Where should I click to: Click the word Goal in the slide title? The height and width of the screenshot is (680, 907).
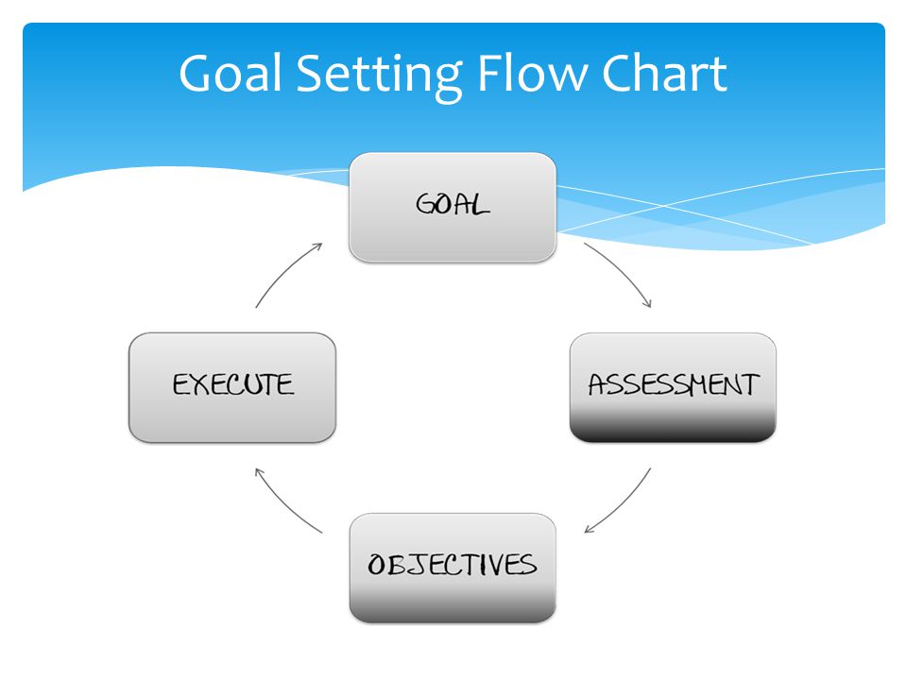click(231, 74)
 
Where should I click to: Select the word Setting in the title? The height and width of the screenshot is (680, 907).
click(379, 76)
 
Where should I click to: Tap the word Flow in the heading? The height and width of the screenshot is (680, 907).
click(531, 73)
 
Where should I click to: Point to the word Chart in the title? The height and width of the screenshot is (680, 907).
click(664, 73)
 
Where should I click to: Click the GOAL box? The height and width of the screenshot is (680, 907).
click(453, 207)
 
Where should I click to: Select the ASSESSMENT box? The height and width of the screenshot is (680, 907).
click(673, 387)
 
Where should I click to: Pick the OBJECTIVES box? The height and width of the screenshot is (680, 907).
click(453, 568)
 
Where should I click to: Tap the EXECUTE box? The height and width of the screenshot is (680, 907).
click(232, 387)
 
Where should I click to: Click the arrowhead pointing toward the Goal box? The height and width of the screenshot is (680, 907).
click(317, 246)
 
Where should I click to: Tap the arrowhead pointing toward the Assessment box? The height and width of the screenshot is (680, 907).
click(648, 303)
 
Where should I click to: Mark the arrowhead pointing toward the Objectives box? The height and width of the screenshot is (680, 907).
click(589, 529)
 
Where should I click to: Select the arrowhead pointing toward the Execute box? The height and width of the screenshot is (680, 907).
click(260, 473)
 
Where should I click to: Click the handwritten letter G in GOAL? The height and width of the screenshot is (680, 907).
click(426, 204)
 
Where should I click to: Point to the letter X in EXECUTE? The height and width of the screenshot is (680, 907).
click(200, 384)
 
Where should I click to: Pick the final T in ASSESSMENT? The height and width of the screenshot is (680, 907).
click(749, 385)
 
